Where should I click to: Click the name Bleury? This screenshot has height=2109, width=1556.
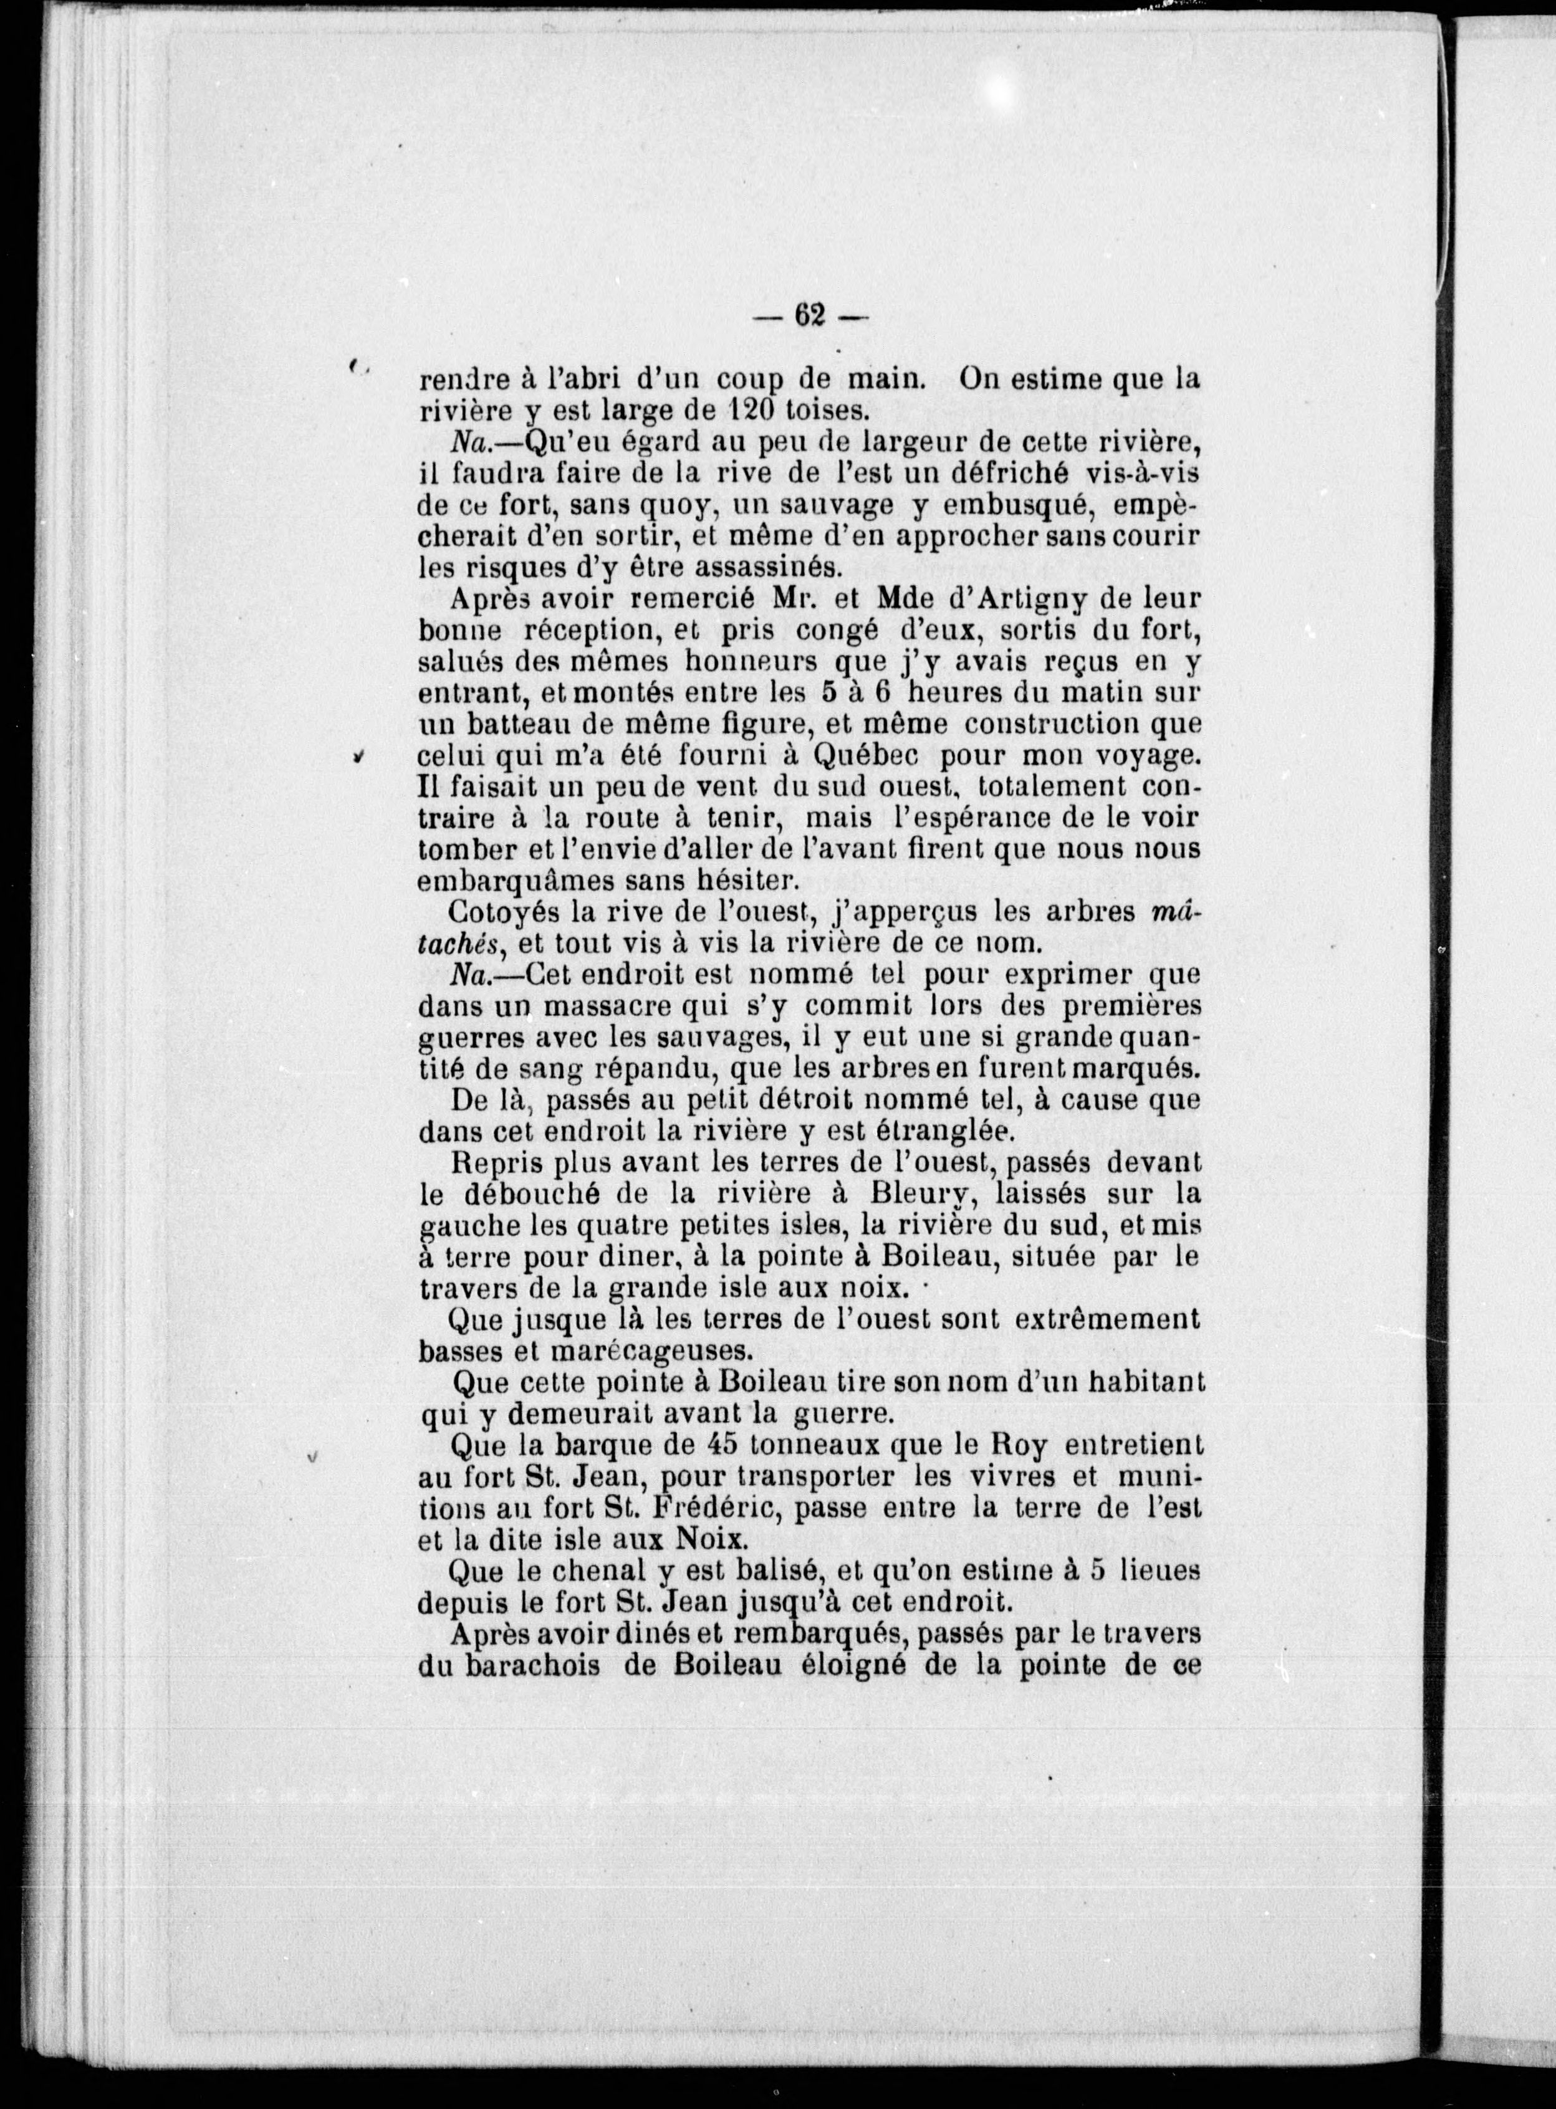coord(955,1194)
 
